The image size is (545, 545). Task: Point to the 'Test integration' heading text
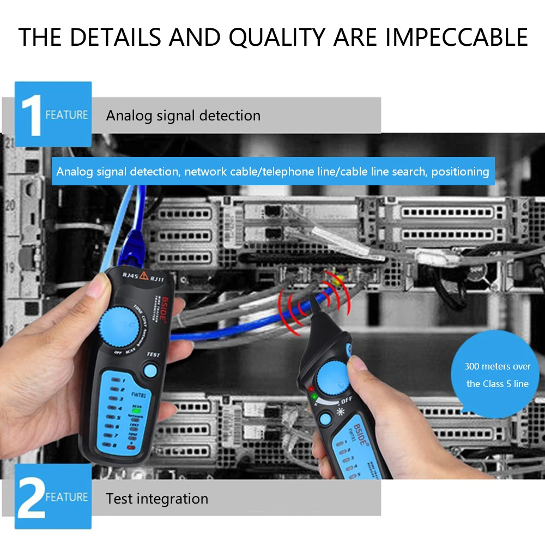tap(157, 498)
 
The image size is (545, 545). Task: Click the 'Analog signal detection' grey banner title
tap(183, 116)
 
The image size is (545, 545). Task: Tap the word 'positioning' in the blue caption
tap(460, 171)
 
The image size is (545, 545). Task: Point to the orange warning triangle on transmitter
tap(144, 276)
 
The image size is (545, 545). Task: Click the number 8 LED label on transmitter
tap(115, 445)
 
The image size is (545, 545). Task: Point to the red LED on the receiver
tap(311, 389)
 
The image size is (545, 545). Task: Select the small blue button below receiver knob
tap(325, 419)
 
